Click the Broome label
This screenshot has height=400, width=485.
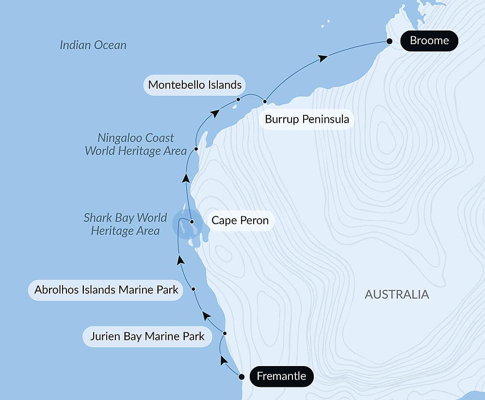(429, 41)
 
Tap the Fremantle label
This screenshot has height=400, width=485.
(281, 376)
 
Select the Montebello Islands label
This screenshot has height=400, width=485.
(195, 85)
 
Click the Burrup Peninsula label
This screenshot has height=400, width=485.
(307, 119)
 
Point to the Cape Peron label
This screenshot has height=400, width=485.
(240, 221)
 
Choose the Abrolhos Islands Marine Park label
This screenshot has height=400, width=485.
(106, 290)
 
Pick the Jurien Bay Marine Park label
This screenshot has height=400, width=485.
(147, 336)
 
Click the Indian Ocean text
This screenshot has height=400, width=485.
(93, 45)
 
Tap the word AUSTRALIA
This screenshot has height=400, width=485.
(397, 294)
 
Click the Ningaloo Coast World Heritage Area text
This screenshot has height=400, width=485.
(135, 144)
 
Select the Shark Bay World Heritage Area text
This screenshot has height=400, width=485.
(125, 224)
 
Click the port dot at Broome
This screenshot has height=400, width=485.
(389, 42)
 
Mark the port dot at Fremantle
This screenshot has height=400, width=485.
(242, 377)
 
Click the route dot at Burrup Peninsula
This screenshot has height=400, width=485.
(265, 102)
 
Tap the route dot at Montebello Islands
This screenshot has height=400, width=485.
(238, 99)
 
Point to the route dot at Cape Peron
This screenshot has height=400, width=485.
(193, 222)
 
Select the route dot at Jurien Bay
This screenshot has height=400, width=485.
(225, 334)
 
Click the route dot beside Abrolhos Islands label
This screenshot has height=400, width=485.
(194, 289)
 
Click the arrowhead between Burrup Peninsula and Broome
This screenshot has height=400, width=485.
(323, 58)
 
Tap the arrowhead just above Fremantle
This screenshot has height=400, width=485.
(223, 360)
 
